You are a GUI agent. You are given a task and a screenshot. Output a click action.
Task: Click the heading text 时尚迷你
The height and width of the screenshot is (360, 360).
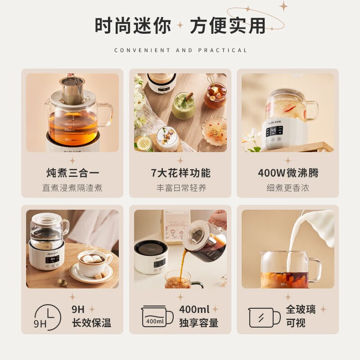point(133,26)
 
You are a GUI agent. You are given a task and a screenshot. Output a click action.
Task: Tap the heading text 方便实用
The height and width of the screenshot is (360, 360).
point(228,26)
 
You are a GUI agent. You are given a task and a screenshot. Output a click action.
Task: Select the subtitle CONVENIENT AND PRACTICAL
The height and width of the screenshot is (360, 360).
point(180,50)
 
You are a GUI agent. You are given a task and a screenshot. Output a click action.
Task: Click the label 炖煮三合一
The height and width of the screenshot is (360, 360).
point(72,173)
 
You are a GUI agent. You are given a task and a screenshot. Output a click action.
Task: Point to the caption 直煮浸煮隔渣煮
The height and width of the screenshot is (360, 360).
point(72,188)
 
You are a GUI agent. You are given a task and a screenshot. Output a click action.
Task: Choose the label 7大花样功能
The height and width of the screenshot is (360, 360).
point(180,173)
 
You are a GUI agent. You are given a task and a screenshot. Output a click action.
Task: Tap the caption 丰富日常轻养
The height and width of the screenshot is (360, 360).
point(181,188)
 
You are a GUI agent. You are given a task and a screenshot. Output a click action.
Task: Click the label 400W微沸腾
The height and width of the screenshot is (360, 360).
point(288,173)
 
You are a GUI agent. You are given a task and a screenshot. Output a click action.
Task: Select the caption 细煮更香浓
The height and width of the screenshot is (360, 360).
point(288,188)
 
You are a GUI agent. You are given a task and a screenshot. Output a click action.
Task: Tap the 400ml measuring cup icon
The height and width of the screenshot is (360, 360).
point(157,317)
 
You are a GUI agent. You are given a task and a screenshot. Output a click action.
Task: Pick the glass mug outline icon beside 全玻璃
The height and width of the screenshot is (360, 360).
point(264,318)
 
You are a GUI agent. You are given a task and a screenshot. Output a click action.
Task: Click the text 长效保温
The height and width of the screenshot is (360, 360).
point(91,323)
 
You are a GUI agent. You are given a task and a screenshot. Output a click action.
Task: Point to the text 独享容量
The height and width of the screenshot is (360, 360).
point(198,323)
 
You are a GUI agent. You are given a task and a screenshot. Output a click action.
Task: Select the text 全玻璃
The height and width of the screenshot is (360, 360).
point(301,310)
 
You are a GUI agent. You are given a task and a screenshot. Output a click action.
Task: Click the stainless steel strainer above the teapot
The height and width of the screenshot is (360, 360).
point(72,90)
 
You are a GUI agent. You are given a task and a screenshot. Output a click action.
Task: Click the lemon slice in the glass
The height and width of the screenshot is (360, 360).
point(144,143)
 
